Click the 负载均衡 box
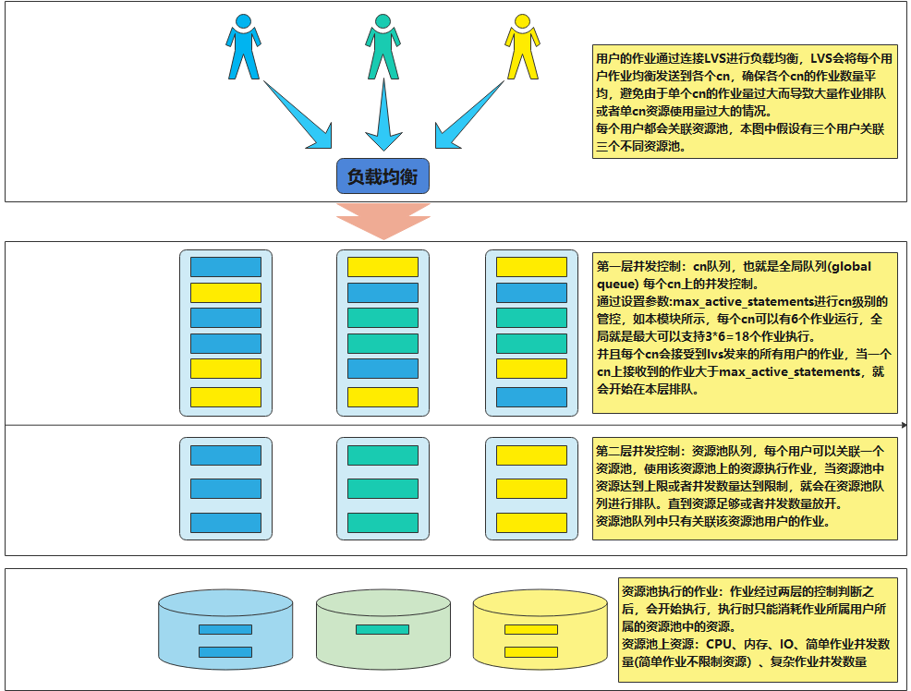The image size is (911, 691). [383, 176]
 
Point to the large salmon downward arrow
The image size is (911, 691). [383, 222]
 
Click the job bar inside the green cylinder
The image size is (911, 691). [382, 629]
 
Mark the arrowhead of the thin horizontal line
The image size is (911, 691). [905, 425]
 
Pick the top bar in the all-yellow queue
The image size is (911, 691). [531, 455]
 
